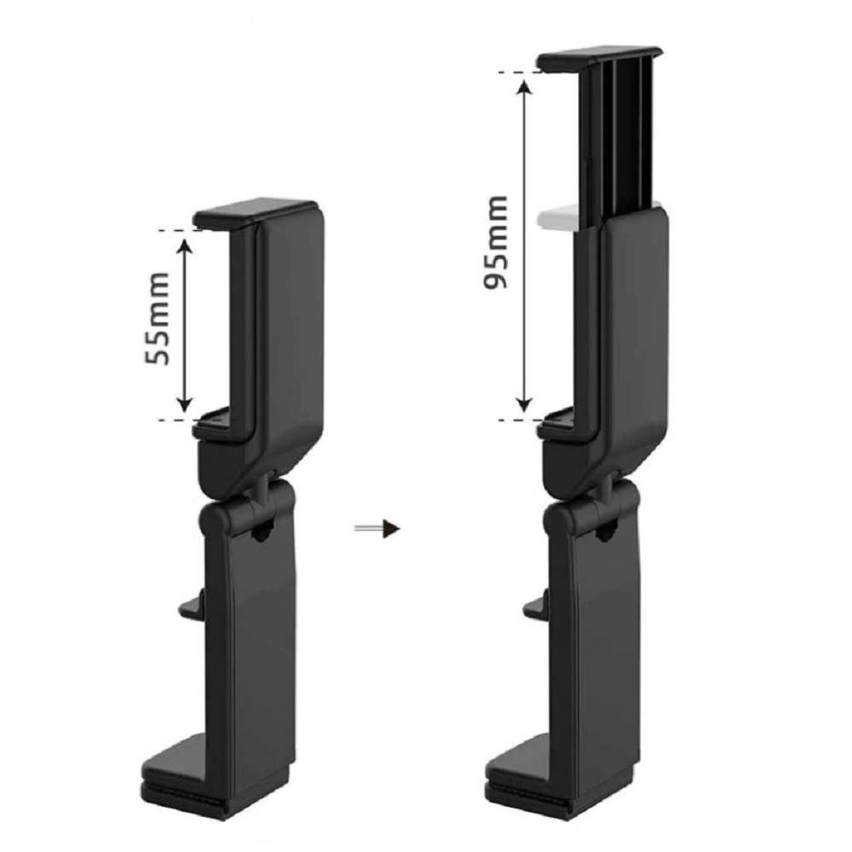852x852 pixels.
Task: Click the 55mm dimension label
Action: [158, 319]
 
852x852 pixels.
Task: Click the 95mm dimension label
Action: [496, 242]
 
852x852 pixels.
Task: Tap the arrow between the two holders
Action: [377, 528]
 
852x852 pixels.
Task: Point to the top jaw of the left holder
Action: [256, 213]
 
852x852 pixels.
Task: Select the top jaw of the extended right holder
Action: [599, 58]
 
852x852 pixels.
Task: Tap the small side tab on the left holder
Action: [192, 605]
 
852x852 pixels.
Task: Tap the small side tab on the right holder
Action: [536, 605]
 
